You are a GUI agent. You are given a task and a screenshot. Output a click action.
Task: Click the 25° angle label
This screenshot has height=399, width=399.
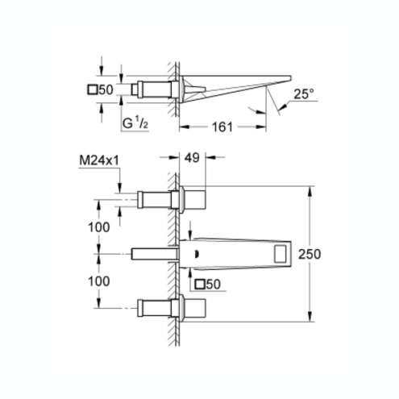coord(304,94)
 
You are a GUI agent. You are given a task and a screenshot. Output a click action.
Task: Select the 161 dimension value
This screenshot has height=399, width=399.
coord(222,127)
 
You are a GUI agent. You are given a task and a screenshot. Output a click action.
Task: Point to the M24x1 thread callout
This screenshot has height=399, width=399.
coord(99,160)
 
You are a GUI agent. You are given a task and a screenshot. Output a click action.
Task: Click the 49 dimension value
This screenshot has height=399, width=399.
coord(192,158)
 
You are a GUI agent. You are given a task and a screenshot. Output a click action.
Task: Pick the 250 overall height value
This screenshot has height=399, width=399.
coord(310,254)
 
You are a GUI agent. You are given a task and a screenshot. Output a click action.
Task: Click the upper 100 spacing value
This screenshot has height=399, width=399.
coord(99,227)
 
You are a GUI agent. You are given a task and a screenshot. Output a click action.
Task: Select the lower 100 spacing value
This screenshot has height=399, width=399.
coord(99,281)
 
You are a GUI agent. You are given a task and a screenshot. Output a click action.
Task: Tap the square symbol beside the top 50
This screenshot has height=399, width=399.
coord(93,89)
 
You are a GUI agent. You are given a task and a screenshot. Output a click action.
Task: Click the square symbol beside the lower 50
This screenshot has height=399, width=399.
coord(200,285)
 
